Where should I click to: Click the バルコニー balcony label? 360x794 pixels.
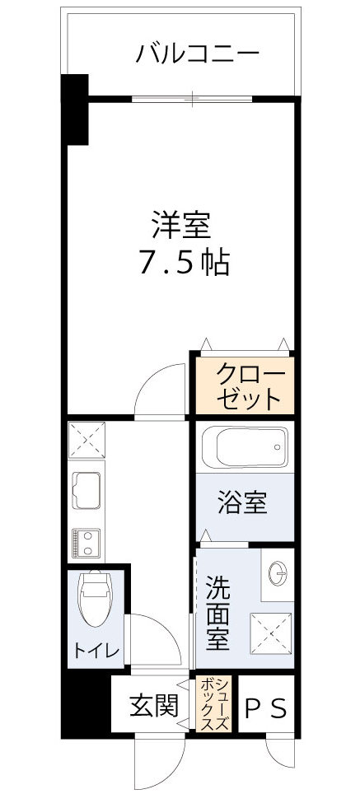click(198, 54)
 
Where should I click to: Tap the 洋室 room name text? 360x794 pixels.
click(181, 224)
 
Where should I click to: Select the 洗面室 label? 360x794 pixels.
click(218, 614)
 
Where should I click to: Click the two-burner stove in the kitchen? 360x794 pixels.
click(86, 541)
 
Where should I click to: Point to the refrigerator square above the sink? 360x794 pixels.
click(85, 439)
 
